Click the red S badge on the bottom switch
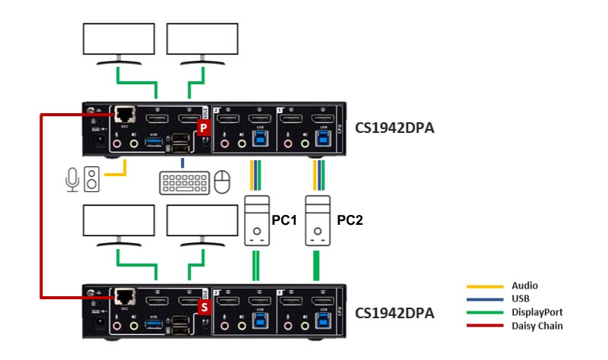[x=203, y=308]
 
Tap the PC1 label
[x=283, y=221]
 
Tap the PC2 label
[x=350, y=221]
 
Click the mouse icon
[x=221, y=182]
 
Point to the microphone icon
[x=73, y=180]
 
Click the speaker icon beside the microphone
[x=91, y=180]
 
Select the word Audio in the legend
[x=524, y=286]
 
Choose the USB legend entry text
[x=521, y=298]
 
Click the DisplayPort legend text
[x=535, y=312]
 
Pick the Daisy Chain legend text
[x=535, y=325]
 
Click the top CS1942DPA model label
[x=394, y=128]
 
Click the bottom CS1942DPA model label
[x=394, y=312]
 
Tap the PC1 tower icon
[x=255, y=221]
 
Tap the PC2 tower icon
[x=318, y=221]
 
